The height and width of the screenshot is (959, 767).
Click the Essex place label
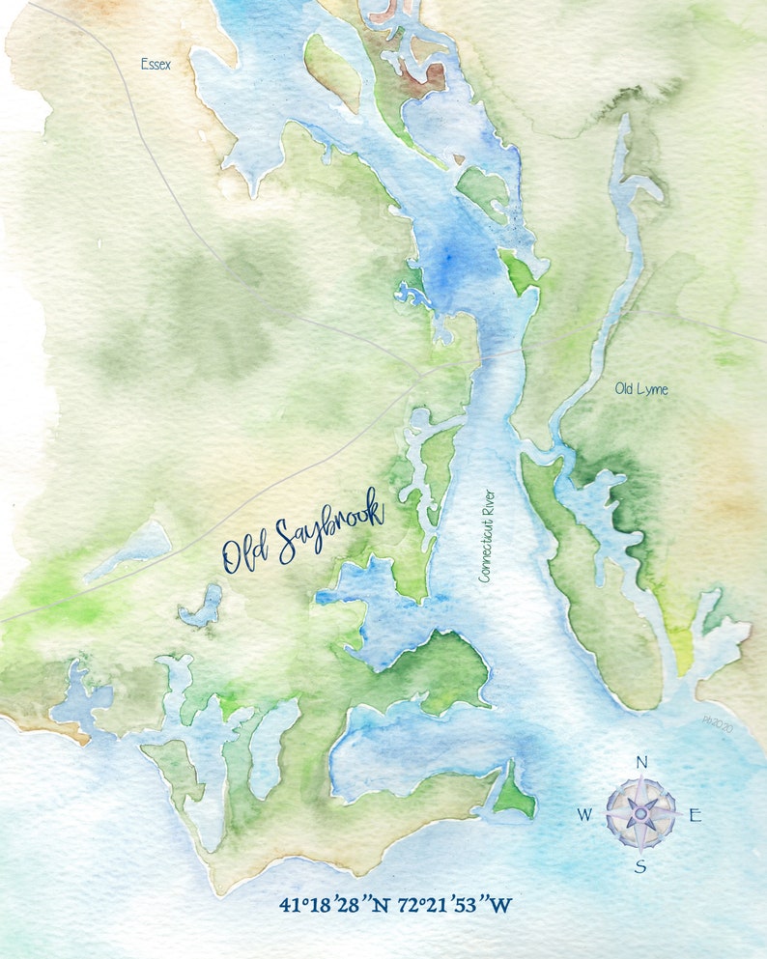(x=156, y=65)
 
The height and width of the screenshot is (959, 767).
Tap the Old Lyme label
(x=641, y=389)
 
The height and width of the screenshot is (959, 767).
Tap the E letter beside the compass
(x=695, y=815)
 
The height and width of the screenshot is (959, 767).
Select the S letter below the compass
(x=640, y=866)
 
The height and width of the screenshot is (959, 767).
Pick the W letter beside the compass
(x=584, y=815)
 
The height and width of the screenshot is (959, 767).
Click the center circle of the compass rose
(x=640, y=814)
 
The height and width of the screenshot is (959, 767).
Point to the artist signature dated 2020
(x=719, y=720)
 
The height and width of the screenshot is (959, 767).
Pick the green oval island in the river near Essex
(x=333, y=70)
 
